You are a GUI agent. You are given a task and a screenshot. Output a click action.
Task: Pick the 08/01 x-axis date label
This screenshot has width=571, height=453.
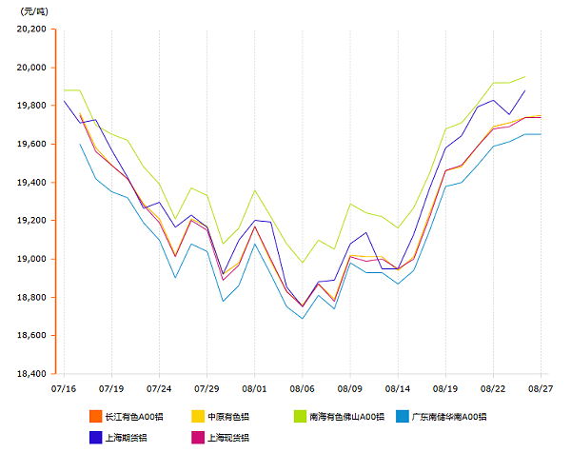[254, 388]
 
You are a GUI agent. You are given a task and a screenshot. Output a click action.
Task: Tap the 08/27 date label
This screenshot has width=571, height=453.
[541, 388]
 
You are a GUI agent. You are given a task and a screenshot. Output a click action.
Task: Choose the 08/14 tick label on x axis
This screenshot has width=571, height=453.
[398, 388]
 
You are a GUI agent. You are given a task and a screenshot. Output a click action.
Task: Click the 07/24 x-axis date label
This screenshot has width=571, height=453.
[159, 388]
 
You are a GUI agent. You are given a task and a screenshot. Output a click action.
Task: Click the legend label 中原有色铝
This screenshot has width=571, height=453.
[227, 417]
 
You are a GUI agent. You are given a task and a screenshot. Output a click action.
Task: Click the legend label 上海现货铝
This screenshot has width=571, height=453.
[227, 438]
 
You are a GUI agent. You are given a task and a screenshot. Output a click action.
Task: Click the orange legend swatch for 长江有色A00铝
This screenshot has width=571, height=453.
[95, 417]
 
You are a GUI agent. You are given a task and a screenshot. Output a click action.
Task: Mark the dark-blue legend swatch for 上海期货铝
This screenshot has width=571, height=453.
[95, 438]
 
